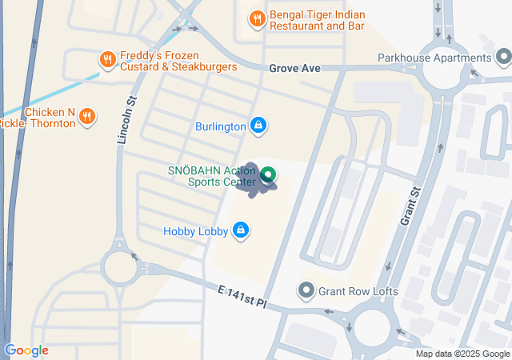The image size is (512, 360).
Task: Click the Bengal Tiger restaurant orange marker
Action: pyautogui.click(x=256, y=18)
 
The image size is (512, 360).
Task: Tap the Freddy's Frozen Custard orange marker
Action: pyautogui.click(x=106, y=58)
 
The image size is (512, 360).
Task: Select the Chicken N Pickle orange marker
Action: pyautogui.click(x=88, y=118)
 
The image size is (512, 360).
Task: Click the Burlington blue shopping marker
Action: pyautogui.click(x=258, y=126)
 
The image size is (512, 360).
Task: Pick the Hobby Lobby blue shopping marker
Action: pyautogui.click(x=240, y=231)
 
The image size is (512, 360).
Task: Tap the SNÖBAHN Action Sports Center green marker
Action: pyautogui.click(x=269, y=174)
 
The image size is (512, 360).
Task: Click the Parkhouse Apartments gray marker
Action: pyautogui.click(x=502, y=58)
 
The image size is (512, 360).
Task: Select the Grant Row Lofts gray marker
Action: pyautogui.click(x=306, y=290)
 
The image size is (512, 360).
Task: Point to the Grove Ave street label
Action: pyautogui.click(x=294, y=69)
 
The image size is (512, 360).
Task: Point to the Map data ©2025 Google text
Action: pyautogui.click(x=462, y=354)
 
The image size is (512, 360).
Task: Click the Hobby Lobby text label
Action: pyautogui.click(x=196, y=231)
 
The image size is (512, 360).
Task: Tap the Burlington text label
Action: pyautogui.click(x=220, y=126)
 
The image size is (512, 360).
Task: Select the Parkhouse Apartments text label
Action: pyautogui.click(x=434, y=58)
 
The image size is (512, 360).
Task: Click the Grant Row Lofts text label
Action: pyautogui.click(x=358, y=290)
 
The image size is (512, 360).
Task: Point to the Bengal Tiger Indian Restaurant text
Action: pyautogui.click(x=318, y=19)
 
